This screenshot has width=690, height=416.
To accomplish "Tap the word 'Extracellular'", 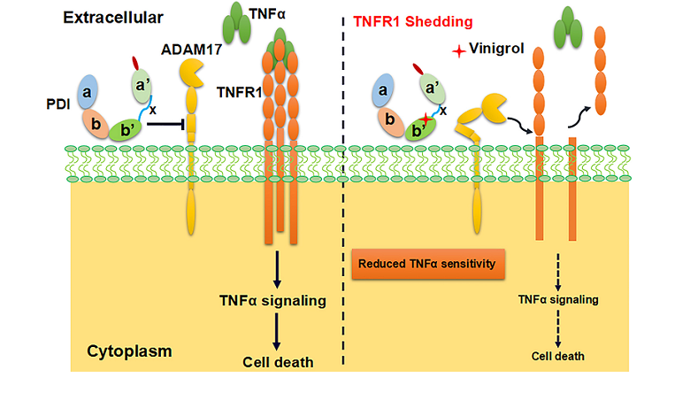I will tap(117, 17).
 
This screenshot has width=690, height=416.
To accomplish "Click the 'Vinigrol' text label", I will tap(498, 53).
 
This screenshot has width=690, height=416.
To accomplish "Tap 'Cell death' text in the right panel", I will tap(559, 356).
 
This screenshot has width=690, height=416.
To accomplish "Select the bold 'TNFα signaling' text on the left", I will tap(273, 300).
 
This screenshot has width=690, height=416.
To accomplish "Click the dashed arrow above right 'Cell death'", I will tap(559, 329).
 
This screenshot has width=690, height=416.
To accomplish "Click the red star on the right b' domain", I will tap(425, 120).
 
